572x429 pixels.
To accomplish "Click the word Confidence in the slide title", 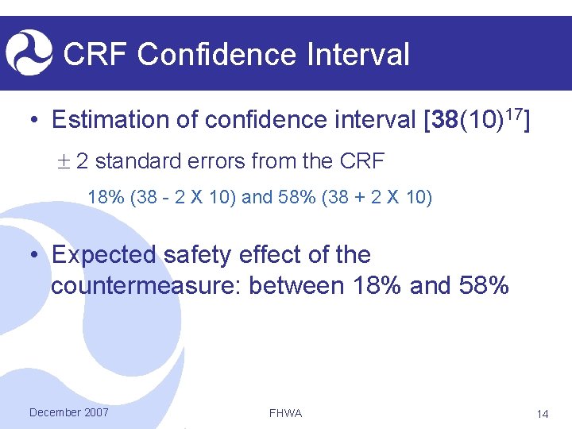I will coord(212,55).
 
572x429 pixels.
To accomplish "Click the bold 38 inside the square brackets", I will coord(445,120).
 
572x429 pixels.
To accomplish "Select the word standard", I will coord(140,162).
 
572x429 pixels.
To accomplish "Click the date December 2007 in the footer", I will coord(68,412).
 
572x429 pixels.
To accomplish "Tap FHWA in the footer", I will coord(286,413).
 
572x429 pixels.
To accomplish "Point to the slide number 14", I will coord(543,413).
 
